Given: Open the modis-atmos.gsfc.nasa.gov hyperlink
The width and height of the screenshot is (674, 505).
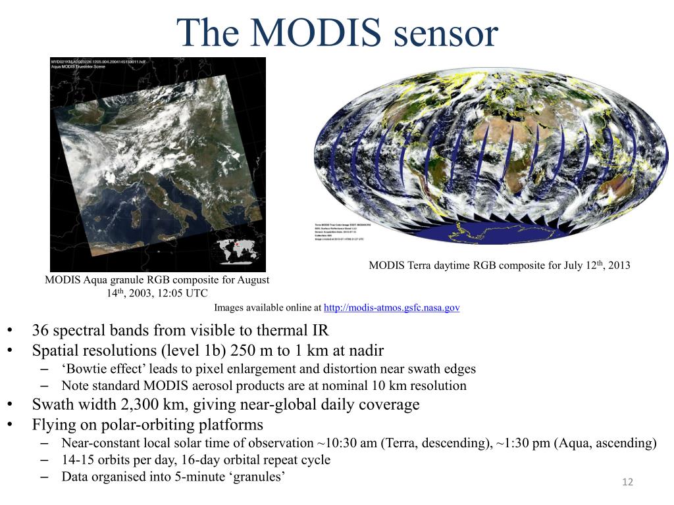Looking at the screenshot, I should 392,307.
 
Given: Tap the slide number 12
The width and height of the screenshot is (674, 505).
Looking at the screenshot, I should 627,483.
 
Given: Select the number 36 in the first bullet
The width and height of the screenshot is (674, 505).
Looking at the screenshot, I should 41,330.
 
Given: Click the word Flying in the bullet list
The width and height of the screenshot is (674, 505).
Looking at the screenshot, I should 53,424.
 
